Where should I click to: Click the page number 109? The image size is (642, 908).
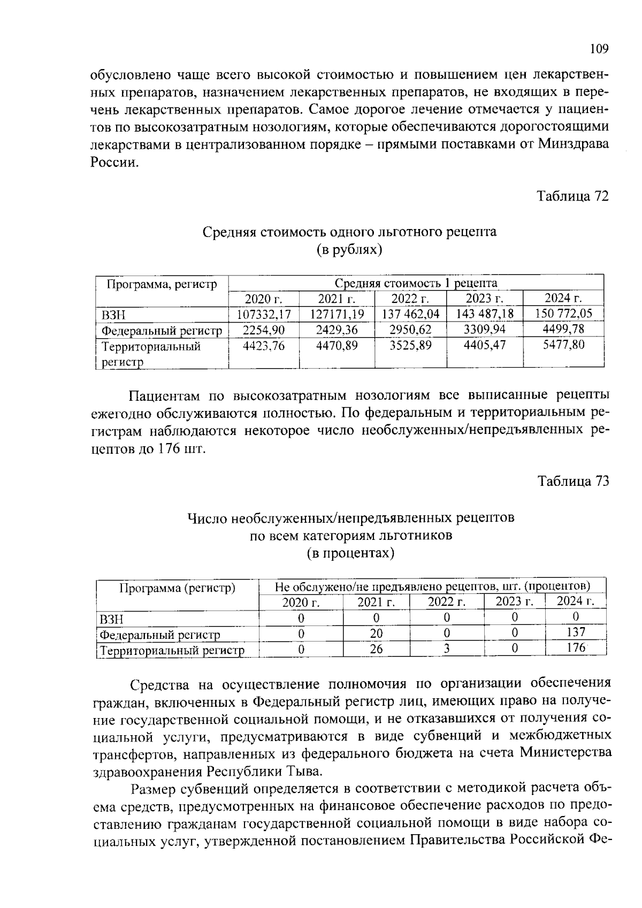point(599,49)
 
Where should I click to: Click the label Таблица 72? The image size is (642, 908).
point(572,196)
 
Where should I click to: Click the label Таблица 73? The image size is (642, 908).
point(572,481)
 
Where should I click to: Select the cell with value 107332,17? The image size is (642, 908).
point(264,314)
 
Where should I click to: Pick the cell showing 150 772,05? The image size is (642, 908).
point(563,313)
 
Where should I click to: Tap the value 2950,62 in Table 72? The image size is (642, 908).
point(410,329)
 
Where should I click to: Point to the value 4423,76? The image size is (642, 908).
point(264,346)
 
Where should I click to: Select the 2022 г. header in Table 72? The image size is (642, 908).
point(410,299)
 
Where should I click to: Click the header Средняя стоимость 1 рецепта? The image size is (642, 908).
point(416,283)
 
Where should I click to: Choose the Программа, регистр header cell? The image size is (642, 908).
point(162,284)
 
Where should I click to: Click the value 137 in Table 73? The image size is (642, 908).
point(576,632)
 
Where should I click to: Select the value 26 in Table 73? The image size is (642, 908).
point(376,648)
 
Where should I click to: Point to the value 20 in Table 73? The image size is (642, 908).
point(376,634)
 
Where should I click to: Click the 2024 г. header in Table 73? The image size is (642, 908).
point(576,601)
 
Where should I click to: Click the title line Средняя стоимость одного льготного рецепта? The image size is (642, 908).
point(349,232)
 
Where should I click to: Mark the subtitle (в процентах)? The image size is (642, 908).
point(350,553)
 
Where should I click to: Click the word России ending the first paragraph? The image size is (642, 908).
point(113,162)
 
